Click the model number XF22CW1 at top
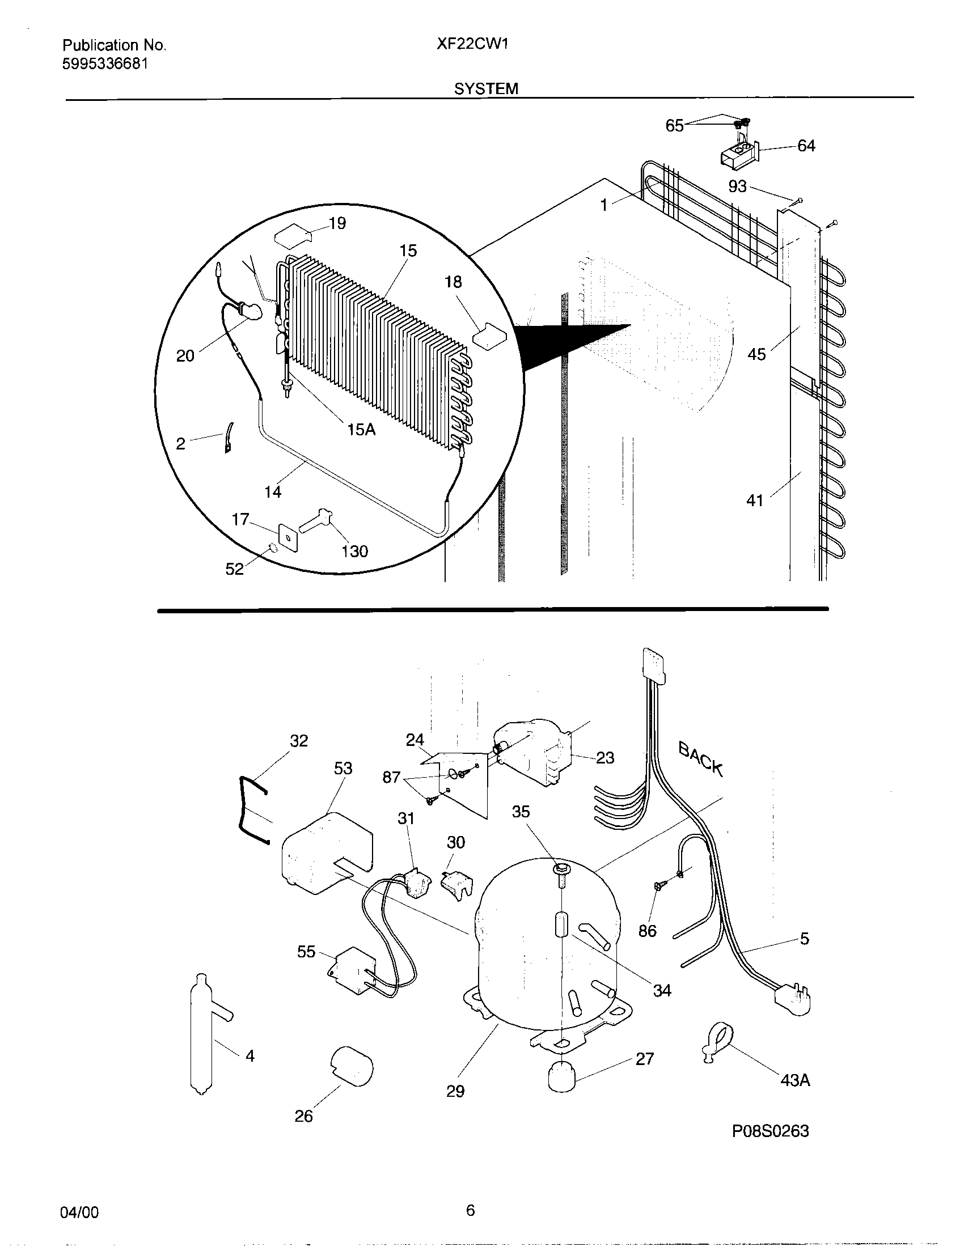point(472,45)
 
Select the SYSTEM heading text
point(486,88)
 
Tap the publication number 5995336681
point(104,64)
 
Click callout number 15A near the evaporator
point(361,430)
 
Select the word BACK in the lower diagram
point(701,758)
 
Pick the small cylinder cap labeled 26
point(352,1064)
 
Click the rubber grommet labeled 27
point(563,1076)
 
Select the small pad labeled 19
point(293,236)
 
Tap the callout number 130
point(354,551)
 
